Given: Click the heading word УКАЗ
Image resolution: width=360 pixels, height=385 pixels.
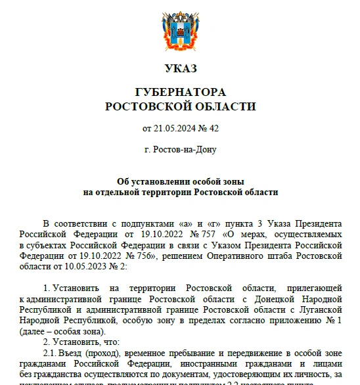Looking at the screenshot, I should (180, 68).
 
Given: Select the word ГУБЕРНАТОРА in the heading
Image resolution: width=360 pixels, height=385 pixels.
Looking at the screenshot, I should (180, 92).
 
